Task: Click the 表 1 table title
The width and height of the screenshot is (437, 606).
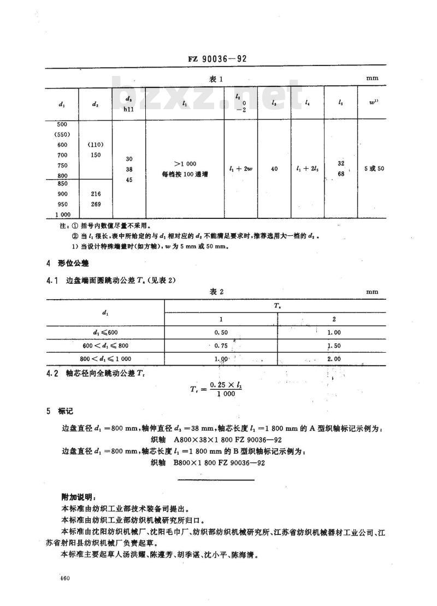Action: (x=217, y=79)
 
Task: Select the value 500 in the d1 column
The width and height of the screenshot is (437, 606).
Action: (x=62, y=124)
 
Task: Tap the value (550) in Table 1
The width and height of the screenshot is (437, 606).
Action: (x=62, y=134)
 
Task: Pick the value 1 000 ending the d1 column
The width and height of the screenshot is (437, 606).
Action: (x=62, y=213)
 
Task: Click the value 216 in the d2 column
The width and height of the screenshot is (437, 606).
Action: (x=95, y=193)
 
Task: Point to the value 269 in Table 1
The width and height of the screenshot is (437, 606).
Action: (x=95, y=204)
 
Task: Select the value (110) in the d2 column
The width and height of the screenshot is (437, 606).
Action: (x=95, y=145)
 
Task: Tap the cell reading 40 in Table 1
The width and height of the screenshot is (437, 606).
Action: (x=274, y=169)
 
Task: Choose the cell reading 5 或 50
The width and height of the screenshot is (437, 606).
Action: (x=375, y=168)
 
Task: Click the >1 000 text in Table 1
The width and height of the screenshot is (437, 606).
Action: (x=185, y=164)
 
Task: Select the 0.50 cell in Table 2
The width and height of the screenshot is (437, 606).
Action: (x=221, y=332)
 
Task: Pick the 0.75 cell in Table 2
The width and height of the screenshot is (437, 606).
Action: (x=221, y=345)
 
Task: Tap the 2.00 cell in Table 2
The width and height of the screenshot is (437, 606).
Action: (x=333, y=359)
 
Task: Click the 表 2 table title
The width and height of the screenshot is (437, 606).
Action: (x=217, y=292)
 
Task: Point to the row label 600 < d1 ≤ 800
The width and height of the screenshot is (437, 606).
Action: (x=105, y=345)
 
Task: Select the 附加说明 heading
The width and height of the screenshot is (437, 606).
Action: (x=80, y=497)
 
